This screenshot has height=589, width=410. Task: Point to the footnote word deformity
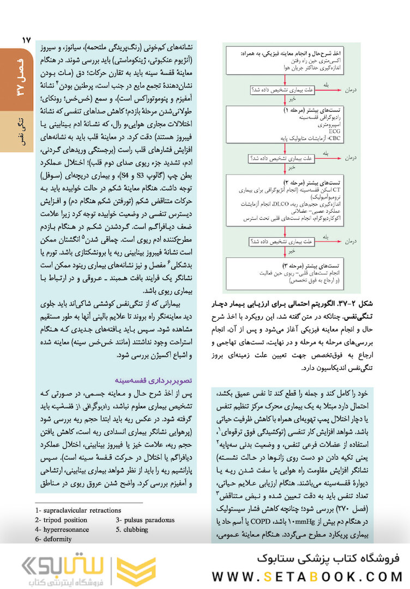56,539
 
